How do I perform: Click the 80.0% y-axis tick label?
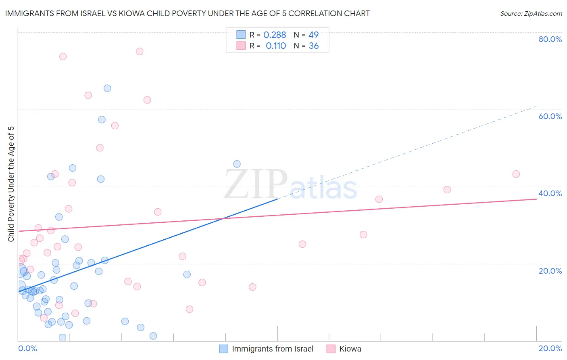coord(550,39)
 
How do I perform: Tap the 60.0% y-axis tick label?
coord(550,116)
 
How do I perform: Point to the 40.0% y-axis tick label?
coord(550,193)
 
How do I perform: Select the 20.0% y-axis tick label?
coord(550,271)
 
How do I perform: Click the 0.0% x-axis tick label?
coord(27,348)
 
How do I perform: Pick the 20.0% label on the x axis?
coord(550,348)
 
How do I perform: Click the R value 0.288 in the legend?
coord(275,35)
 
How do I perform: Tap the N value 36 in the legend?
coord(314,46)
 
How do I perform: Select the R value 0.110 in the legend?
coord(276,46)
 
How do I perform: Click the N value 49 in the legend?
coord(313,35)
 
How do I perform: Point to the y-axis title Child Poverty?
coord(11,184)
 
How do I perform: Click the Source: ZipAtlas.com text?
coord(531,14)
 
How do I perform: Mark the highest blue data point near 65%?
coord(107,88)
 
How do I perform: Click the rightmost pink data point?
coord(516,174)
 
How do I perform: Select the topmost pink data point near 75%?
coord(140,51)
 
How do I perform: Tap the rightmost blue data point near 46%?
coord(237,164)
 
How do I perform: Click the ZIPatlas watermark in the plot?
coord(290,185)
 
